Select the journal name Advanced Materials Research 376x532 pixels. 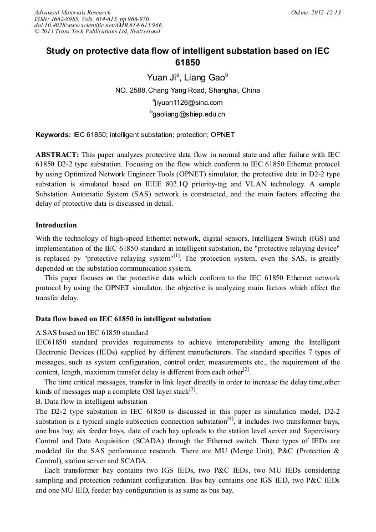[x=73, y=12]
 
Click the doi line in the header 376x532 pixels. [x=98, y=26]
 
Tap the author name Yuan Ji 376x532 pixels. [x=161, y=77]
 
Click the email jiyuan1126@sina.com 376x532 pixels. [x=188, y=103]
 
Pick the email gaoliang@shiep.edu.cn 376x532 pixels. [x=188, y=115]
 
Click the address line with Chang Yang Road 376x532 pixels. [x=187, y=90]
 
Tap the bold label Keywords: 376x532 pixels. [x=53, y=135]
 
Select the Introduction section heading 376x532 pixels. [x=56, y=225]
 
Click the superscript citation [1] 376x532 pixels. [x=177, y=256]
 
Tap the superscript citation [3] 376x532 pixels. [x=192, y=389]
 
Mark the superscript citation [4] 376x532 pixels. [x=231, y=419]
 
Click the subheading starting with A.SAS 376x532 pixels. [x=92, y=333]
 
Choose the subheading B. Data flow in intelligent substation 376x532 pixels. [x=92, y=402]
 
